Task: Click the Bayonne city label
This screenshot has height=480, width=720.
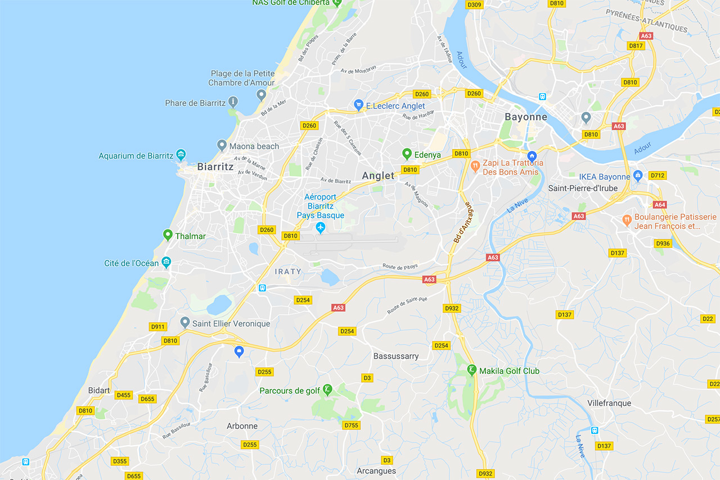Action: pyautogui.click(x=525, y=117)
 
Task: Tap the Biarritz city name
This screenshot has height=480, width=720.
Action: pyautogui.click(x=215, y=167)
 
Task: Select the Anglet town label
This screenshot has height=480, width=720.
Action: pyautogui.click(x=378, y=175)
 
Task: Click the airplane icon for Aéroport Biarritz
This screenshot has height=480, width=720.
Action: pyautogui.click(x=321, y=228)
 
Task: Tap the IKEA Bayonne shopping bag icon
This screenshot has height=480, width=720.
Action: pyautogui.click(x=637, y=176)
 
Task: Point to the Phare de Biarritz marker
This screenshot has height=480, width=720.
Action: pyautogui.click(x=233, y=102)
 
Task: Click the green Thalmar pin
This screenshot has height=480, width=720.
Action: pyautogui.click(x=167, y=235)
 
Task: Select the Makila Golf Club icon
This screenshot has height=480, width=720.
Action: pyautogui.click(x=472, y=370)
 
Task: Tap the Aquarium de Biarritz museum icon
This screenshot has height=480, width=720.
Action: pyautogui.click(x=181, y=155)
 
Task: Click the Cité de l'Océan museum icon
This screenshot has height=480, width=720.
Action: pyautogui.click(x=166, y=262)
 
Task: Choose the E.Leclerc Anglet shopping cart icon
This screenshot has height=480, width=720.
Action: pyautogui.click(x=358, y=105)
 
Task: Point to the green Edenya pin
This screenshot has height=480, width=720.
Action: pyautogui.click(x=407, y=153)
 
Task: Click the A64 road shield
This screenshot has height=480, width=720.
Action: pyautogui.click(x=660, y=205)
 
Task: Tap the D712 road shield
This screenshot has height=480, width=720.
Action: pyautogui.click(x=658, y=176)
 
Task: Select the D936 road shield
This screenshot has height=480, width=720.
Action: pyautogui.click(x=663, y=243)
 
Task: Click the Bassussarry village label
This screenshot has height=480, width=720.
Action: pyautogui.click(x=396, y=356)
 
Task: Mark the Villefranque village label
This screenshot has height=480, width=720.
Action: pyautogui.click(x=609, y=403)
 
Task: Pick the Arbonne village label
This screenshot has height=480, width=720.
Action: pyautogui.click(x=242, y=426)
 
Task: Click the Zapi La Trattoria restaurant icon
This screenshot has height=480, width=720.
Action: pyautogui.click(x=475, y=165)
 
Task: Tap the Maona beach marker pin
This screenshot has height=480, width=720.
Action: pyautogui.click(x=222, y=145)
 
